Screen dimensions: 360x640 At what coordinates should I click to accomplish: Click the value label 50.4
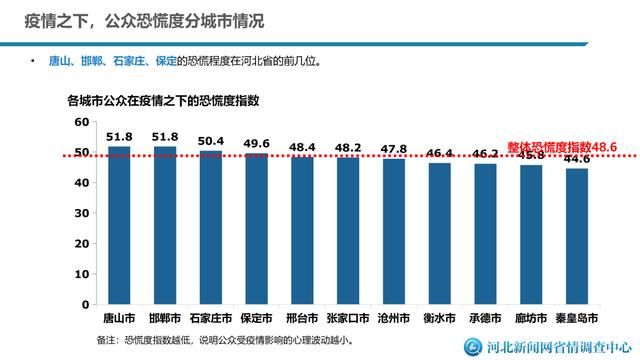point(211,141)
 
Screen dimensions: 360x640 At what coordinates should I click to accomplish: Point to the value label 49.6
point(257,143)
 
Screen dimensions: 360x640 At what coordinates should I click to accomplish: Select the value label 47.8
point(394,149)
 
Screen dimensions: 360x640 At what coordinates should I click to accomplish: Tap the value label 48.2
point(348,148)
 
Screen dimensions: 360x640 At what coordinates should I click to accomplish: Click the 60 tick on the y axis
point(82,121)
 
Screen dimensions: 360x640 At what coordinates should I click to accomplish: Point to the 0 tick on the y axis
point(86,304)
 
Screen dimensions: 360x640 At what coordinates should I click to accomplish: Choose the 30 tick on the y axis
point(82,213)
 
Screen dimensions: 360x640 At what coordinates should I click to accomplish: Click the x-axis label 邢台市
point(302,318)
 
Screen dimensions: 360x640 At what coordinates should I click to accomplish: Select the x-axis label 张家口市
point(348,318)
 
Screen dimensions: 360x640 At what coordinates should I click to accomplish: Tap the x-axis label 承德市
point(485,318)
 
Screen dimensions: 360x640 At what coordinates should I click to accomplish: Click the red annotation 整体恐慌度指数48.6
point(561,146)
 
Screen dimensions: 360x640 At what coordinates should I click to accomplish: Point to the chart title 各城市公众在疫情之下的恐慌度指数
point(163,100)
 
